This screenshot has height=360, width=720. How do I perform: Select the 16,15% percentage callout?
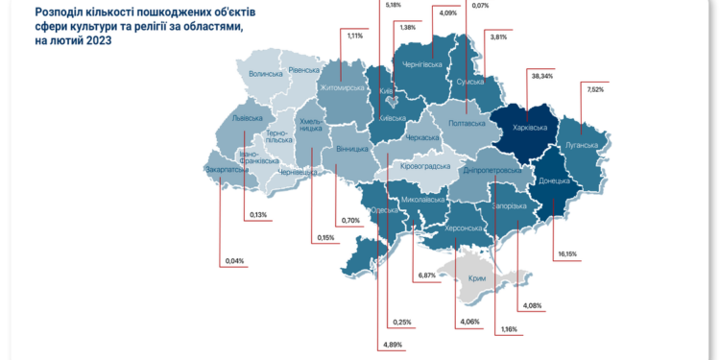(567, 254)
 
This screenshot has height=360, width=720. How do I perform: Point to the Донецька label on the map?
(554, 180)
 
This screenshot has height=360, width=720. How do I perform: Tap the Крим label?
(476, 278)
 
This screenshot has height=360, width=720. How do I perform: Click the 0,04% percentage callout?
(233, 261)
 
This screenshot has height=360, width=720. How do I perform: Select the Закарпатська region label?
(227, 170)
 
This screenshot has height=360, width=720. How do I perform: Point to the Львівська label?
(250, 119)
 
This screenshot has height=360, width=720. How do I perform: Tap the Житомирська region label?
(341, 87)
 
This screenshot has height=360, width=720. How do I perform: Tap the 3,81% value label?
(497, 36)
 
